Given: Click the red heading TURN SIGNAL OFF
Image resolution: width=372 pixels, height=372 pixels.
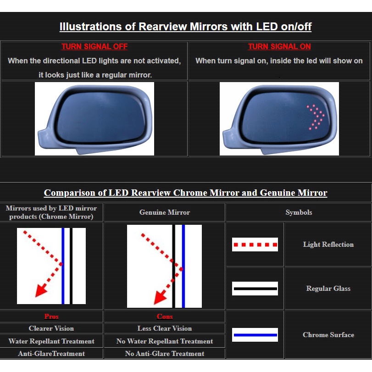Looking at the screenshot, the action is (94, 46).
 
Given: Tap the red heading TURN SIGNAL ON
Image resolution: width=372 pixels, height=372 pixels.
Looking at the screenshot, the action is (279, 46).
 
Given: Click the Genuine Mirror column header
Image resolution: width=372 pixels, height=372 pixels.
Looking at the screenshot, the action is (165, 212).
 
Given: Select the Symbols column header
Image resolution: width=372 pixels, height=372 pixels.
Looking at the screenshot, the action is (299, 212).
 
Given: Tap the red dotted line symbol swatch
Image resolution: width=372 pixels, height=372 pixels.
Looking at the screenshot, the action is (255, 244).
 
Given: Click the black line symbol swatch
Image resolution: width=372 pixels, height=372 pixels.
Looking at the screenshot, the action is (255, 289).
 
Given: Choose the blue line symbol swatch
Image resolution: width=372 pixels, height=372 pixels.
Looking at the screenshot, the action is (255, 335).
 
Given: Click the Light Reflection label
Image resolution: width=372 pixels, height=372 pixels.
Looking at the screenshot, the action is (328, 244).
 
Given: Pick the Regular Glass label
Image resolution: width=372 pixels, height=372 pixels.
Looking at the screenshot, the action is (328, 288).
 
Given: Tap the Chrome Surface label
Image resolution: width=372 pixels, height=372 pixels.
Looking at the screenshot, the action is (328, 334).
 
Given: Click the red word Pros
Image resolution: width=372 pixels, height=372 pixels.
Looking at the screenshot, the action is (51, 316).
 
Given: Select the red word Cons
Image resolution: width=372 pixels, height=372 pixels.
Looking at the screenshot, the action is (165, 316).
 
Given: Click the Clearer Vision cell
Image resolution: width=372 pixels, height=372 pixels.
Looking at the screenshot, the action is (51, 328).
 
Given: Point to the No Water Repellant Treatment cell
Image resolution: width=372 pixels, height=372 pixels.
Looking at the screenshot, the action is (165, 341).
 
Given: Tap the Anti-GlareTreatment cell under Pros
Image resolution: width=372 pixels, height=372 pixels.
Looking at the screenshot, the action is (51, 354).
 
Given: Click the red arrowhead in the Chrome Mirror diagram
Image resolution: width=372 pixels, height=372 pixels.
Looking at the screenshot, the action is (41, 291).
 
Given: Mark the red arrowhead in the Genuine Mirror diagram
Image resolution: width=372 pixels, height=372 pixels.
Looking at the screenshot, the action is (160, 298).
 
